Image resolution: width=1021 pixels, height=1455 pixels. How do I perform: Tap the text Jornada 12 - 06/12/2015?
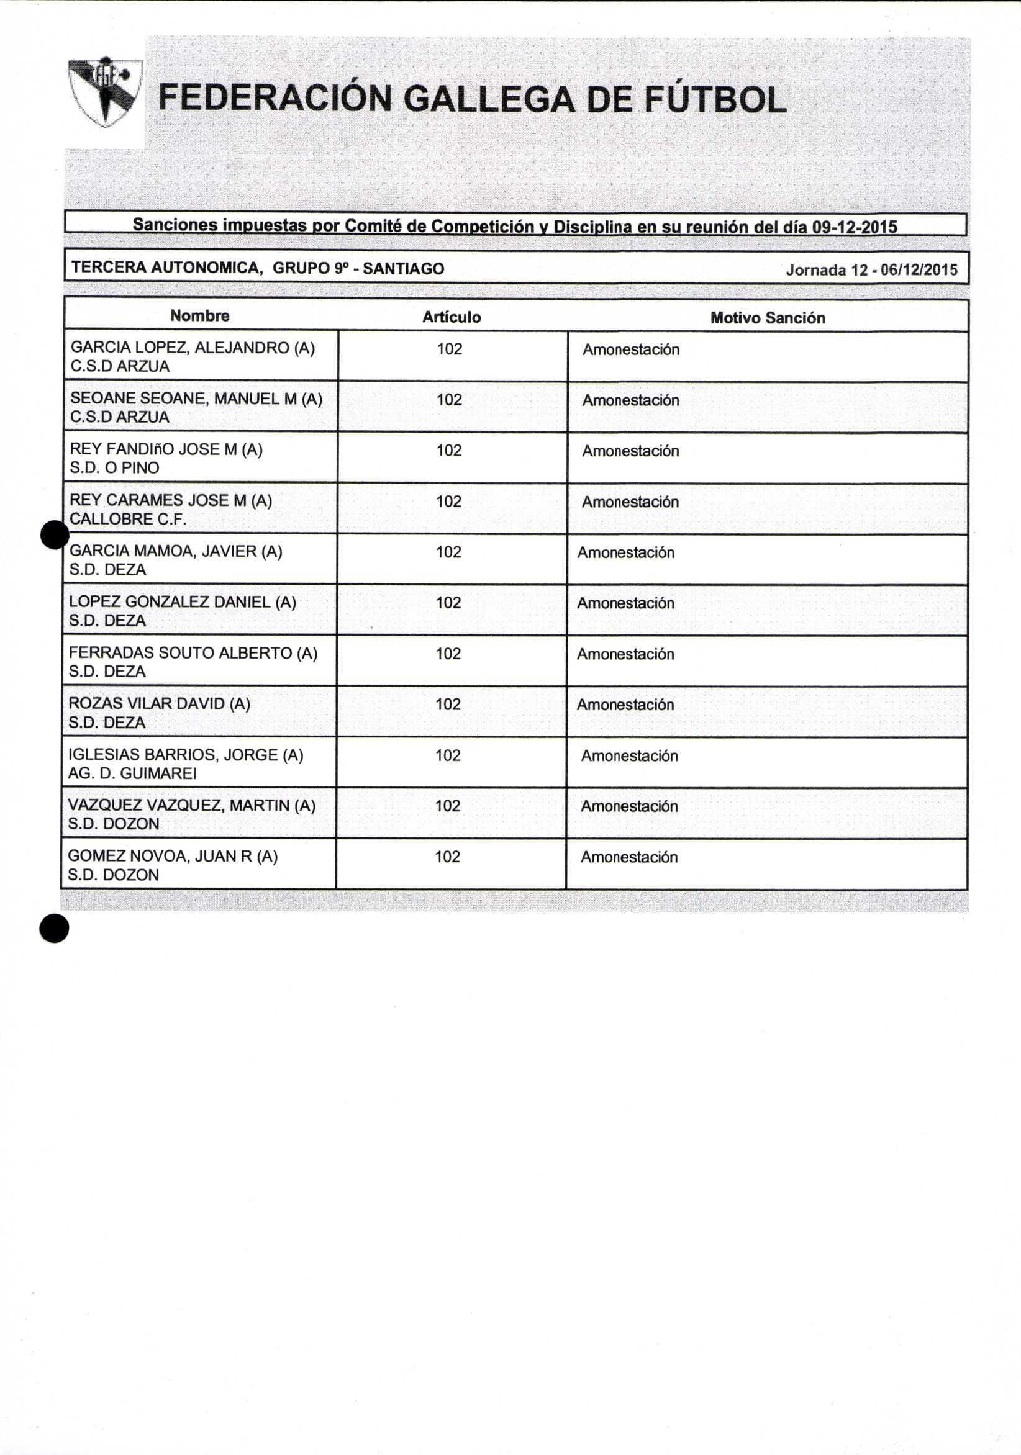click(871, 270)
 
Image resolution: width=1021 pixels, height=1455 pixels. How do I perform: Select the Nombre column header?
click(200, 315)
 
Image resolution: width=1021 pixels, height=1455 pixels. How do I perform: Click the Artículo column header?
click(452, 317)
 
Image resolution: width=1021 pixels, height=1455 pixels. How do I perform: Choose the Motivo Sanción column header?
click(768, 318)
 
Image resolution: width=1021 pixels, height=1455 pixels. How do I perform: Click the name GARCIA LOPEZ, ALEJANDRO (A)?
click(193, 347)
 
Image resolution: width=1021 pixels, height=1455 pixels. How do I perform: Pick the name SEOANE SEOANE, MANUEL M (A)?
click(196, 399)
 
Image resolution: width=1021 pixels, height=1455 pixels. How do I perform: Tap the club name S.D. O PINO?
click(114, 467)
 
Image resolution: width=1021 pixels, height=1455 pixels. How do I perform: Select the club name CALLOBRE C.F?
click(128, 519)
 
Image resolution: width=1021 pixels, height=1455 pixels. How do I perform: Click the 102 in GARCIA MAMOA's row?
click(448, 552)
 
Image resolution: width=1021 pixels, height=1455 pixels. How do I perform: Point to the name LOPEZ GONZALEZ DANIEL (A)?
click(183, 602)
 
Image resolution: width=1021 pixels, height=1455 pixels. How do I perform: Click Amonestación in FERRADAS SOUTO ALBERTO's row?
click(625, 654)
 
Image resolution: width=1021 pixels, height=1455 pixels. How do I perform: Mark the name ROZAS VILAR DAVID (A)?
click(159, 703)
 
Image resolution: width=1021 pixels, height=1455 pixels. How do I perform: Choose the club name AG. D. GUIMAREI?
click(132, 773)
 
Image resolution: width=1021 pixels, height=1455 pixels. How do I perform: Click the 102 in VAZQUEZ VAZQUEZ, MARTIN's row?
click(448, 806)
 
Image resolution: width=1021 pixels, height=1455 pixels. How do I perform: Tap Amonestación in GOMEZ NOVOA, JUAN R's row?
click(629, 857)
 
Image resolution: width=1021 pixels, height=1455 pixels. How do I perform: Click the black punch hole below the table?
click(54, 928)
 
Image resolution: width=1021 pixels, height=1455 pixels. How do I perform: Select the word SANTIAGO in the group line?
click(403, 269)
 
